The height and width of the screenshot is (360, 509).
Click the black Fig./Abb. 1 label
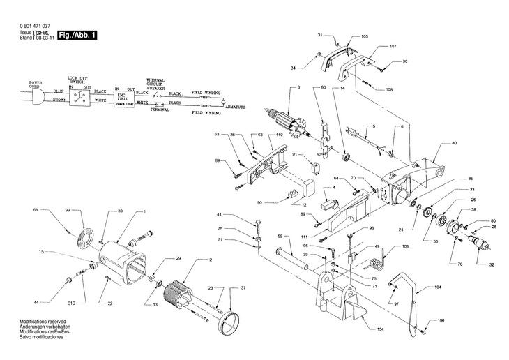tap(77, 35)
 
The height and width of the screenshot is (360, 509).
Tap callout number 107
tap(393, 46)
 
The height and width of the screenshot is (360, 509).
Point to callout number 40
tap(454, 143)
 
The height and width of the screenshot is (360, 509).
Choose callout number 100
tap(441, 320)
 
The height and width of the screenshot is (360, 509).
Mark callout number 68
tap(45, 209)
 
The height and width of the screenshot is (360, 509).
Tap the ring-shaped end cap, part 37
tap(229, 324)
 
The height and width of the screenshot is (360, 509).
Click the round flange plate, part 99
tap(87, 239)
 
